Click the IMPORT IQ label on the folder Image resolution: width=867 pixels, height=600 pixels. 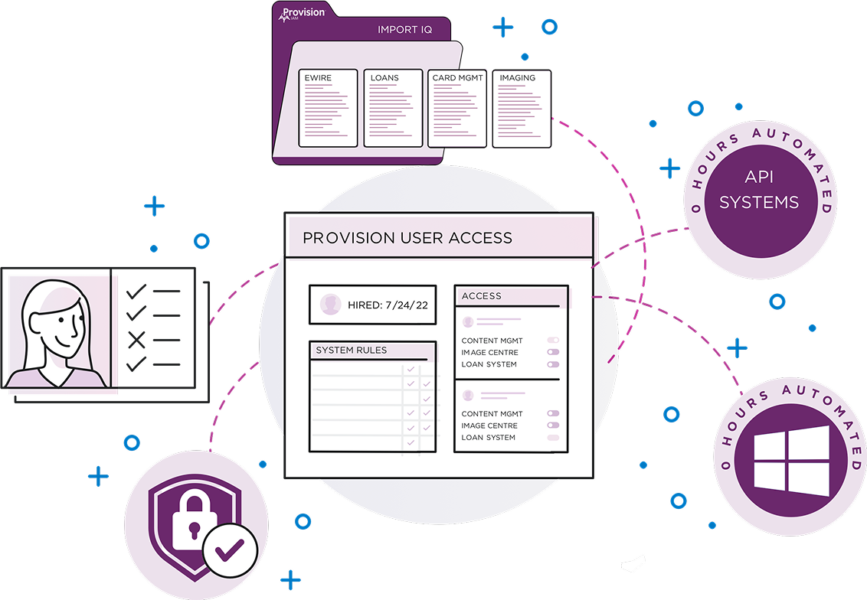[404, 30]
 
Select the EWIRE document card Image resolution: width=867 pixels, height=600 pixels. [328, 108]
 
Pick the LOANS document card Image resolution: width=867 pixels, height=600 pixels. [393, 108]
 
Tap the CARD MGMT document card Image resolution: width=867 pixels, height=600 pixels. [457, 108]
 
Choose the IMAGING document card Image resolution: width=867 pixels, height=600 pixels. [522, 108]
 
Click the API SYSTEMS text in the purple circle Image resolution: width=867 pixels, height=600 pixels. [759, 190]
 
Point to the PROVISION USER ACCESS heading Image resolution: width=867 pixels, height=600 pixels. [407, 238]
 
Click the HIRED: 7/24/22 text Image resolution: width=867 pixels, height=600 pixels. [388, 305]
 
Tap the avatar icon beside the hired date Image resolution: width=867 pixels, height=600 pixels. [331, 305]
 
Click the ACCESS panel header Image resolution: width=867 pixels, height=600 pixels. [482, 296]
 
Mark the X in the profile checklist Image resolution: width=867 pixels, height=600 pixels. [136, 340]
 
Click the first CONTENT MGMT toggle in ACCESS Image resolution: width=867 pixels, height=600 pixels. [553, 341]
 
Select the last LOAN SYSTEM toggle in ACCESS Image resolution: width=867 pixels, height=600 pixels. [553, 438]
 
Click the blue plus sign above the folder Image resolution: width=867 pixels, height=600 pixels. [503, 28]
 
